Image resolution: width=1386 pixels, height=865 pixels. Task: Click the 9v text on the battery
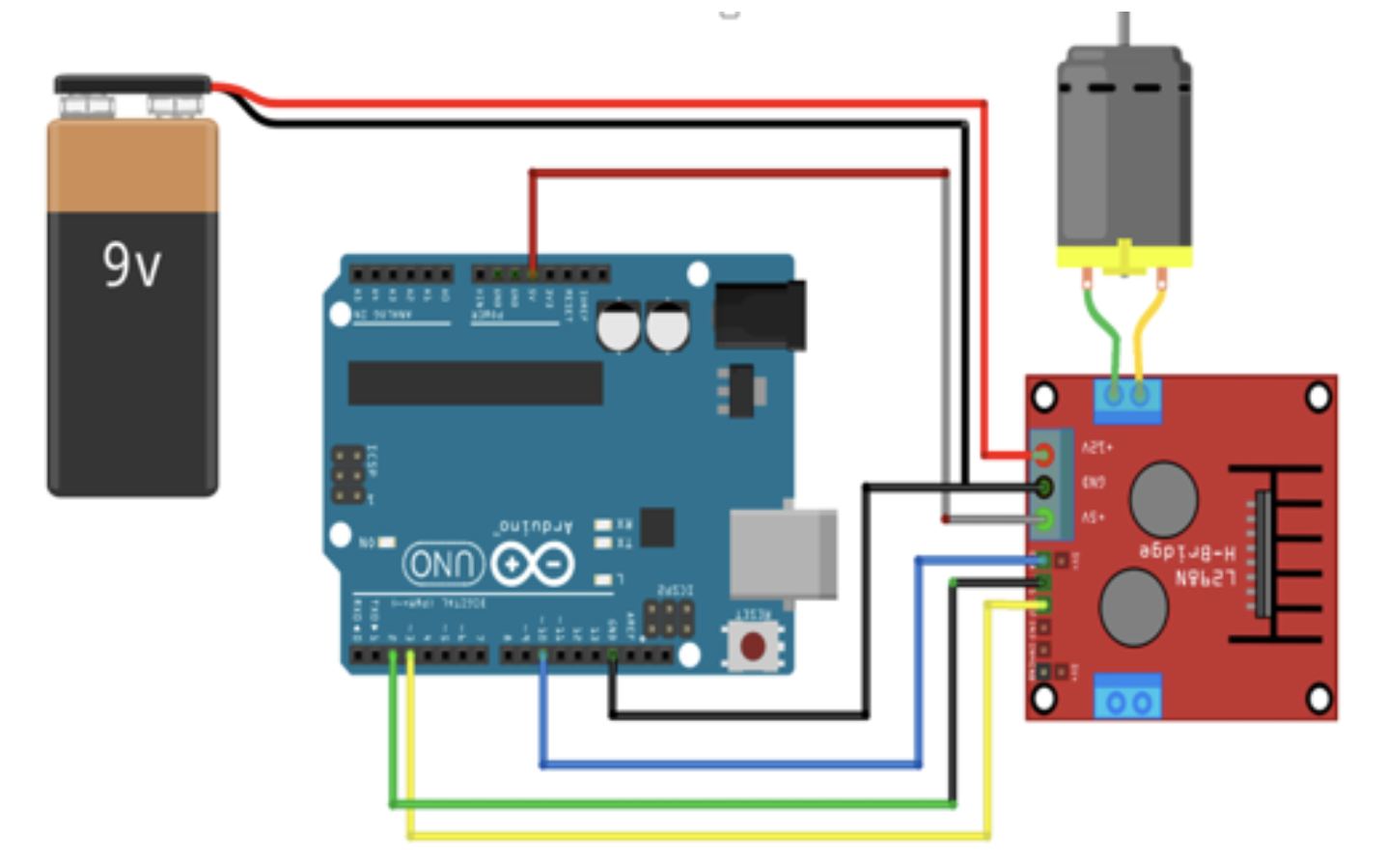[132, 265]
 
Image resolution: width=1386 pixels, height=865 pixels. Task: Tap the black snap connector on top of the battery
[131, 85]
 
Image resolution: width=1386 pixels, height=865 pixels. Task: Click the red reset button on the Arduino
[753, 646]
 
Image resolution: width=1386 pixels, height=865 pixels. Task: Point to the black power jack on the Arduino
[760, 315]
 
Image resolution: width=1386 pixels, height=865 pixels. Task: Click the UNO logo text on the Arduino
[443, 565]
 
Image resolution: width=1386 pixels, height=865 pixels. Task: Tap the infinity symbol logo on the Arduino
[532, 565]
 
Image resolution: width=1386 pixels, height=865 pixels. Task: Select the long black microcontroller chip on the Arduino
[475, 383]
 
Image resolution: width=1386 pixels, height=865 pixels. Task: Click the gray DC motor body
[1123, 154]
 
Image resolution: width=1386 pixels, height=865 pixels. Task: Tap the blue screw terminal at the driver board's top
[1127, 398]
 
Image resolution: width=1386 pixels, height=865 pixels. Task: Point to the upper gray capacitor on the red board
[1163, 498]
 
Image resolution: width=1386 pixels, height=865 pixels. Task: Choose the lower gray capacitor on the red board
[1135, 606]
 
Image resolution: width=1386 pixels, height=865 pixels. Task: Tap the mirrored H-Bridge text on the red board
[1187, 552]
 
